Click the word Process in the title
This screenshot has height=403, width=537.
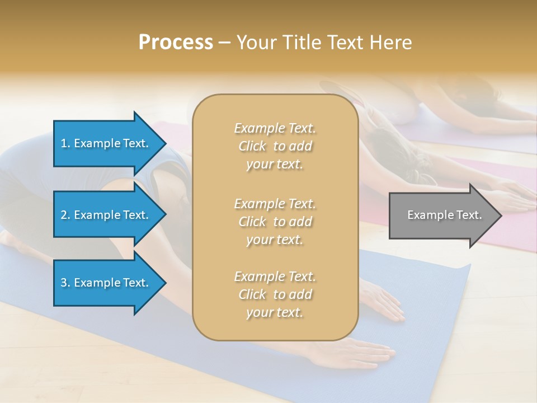[x=176, y=43]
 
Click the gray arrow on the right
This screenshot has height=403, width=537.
[x=442, y=215]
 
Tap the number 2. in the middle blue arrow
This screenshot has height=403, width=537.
[x=65, y=215]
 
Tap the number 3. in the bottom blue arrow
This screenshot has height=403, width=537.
[x=65, y=283]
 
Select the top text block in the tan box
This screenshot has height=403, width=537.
[x=275, y=146]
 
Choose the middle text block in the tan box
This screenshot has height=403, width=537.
[x=275, y=222]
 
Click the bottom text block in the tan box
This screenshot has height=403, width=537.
[x=275, y=294]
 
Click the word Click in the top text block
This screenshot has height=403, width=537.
[x=252, y=146]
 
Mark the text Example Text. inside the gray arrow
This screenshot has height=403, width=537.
[x=444, y=215]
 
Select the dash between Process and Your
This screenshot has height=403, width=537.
[x=224, y=43]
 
